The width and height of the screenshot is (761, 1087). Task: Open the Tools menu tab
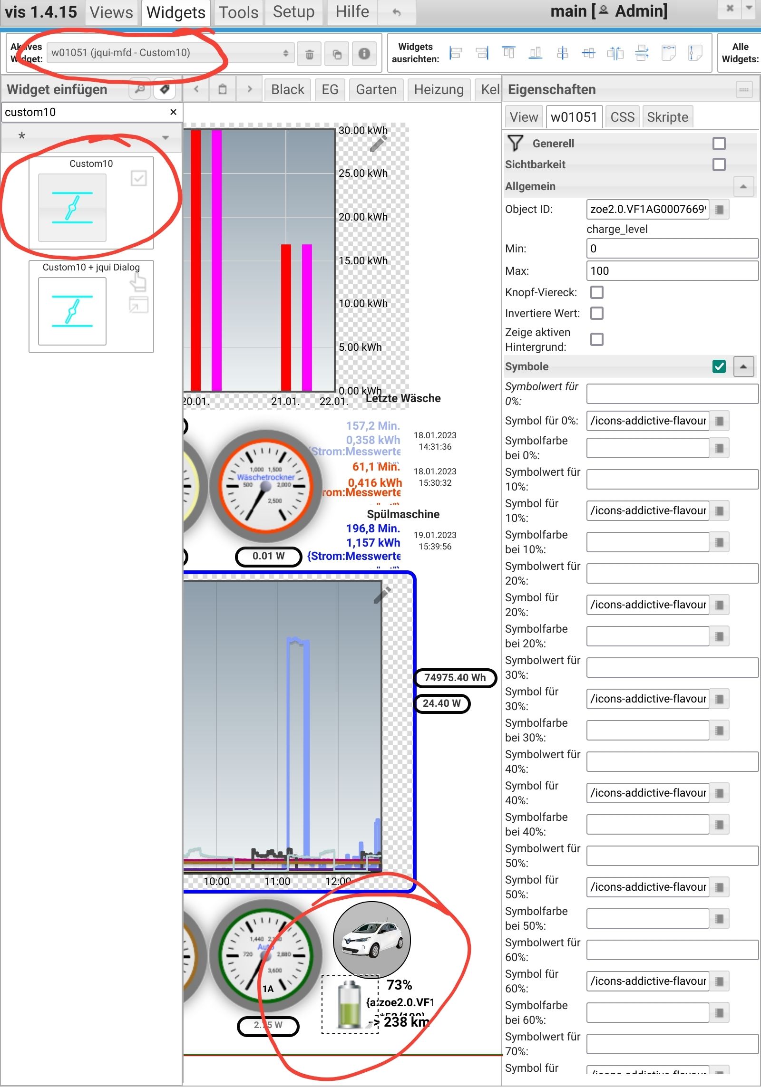(238, 12)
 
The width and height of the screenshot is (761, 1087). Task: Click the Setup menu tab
(293, 12)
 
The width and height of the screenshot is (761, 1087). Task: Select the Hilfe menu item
(352, 12)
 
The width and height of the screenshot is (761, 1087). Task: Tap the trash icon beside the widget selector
(309, 54)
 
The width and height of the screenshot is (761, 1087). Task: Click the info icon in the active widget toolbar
(364, 54)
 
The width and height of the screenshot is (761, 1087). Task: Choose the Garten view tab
(376, 89)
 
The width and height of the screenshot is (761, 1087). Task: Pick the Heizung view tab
(439, 89)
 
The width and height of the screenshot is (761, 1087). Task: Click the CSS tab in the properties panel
(622, 117)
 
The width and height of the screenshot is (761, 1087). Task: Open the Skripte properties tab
(667, 117)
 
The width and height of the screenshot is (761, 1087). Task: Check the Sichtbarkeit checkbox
(719, 164)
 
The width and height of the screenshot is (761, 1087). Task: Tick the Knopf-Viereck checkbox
(596, 292)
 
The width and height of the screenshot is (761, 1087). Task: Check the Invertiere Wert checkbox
(596, 313)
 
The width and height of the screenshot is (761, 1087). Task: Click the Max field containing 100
(672, 271)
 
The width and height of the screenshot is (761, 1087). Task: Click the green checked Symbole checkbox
(719, 366)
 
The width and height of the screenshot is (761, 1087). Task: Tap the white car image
(371, 939)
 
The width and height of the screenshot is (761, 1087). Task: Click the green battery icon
(350, 1004)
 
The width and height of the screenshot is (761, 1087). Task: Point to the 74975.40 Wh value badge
(455, 677)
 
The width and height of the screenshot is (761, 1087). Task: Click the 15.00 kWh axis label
(363, 260)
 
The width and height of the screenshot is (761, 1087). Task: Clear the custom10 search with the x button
(173, 112)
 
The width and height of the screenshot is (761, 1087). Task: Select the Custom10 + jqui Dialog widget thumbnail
(72, 311)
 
